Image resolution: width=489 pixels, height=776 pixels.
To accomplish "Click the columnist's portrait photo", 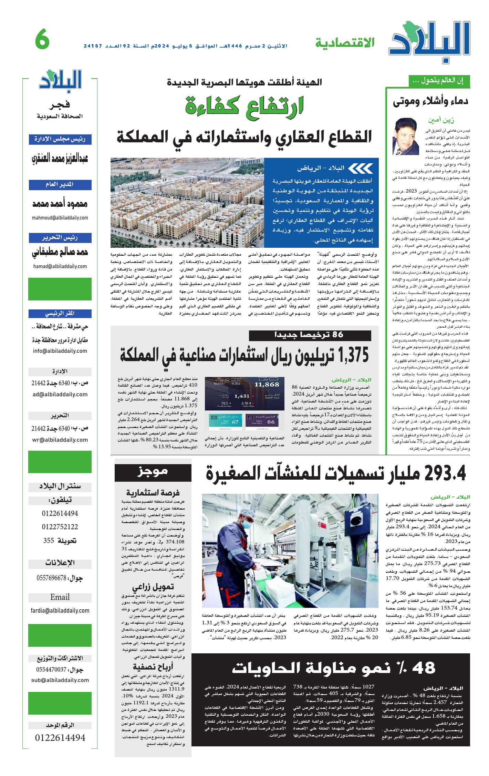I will (406, 136).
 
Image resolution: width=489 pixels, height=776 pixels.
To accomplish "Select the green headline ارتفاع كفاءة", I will (244, 106).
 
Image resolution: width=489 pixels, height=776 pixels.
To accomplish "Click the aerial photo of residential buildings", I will (187, 202).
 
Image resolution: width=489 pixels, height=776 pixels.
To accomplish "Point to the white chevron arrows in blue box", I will (361, 169).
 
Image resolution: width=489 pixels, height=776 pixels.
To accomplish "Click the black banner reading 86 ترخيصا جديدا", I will (310, 335).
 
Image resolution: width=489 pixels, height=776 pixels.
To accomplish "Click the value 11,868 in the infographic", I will (267, 385).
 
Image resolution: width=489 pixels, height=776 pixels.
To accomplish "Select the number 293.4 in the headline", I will (445, 473).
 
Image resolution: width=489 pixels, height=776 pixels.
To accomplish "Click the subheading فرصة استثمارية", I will (153, 493).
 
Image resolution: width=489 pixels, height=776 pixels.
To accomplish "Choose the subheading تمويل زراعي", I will (153, 587).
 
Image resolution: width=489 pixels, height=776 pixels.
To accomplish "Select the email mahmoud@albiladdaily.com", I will (60, 218).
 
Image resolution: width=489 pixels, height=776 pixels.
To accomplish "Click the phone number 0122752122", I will (60, 527).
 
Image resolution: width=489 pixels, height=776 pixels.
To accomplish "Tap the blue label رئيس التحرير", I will (60, 238).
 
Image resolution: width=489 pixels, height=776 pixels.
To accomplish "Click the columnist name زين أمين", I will (441, 120).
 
